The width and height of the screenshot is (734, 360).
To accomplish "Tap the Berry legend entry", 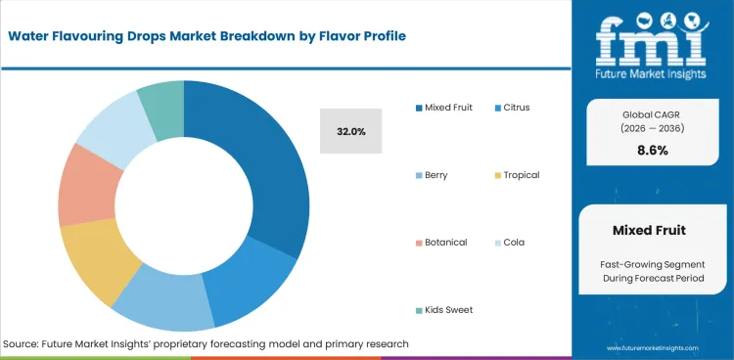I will pyautogui.click(x=436, y=175).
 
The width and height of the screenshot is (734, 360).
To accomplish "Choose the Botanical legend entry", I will pyautogui.click(x=443, y=242).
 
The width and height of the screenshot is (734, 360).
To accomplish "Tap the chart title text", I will pyautogui.click(x=206, y=36).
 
